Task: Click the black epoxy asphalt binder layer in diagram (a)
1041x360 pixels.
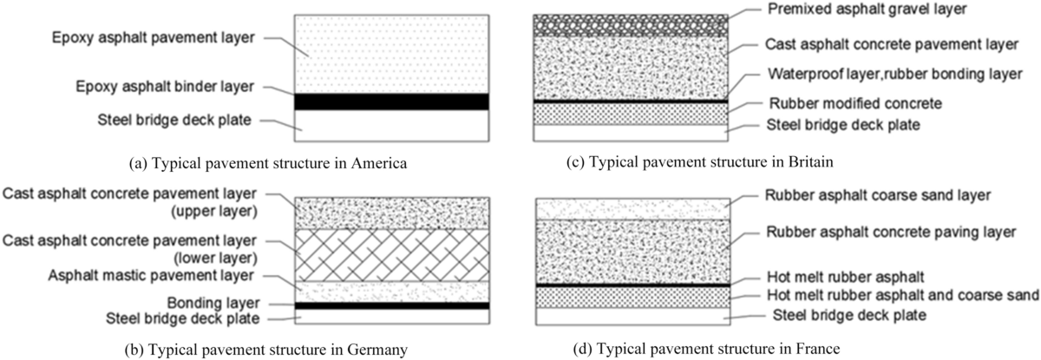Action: point(391,101)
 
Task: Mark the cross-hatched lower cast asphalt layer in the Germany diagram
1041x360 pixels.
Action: point(391,255)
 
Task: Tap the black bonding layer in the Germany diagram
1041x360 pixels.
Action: point(391,305)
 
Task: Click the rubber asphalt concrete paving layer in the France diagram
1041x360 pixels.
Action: point(631,252)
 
